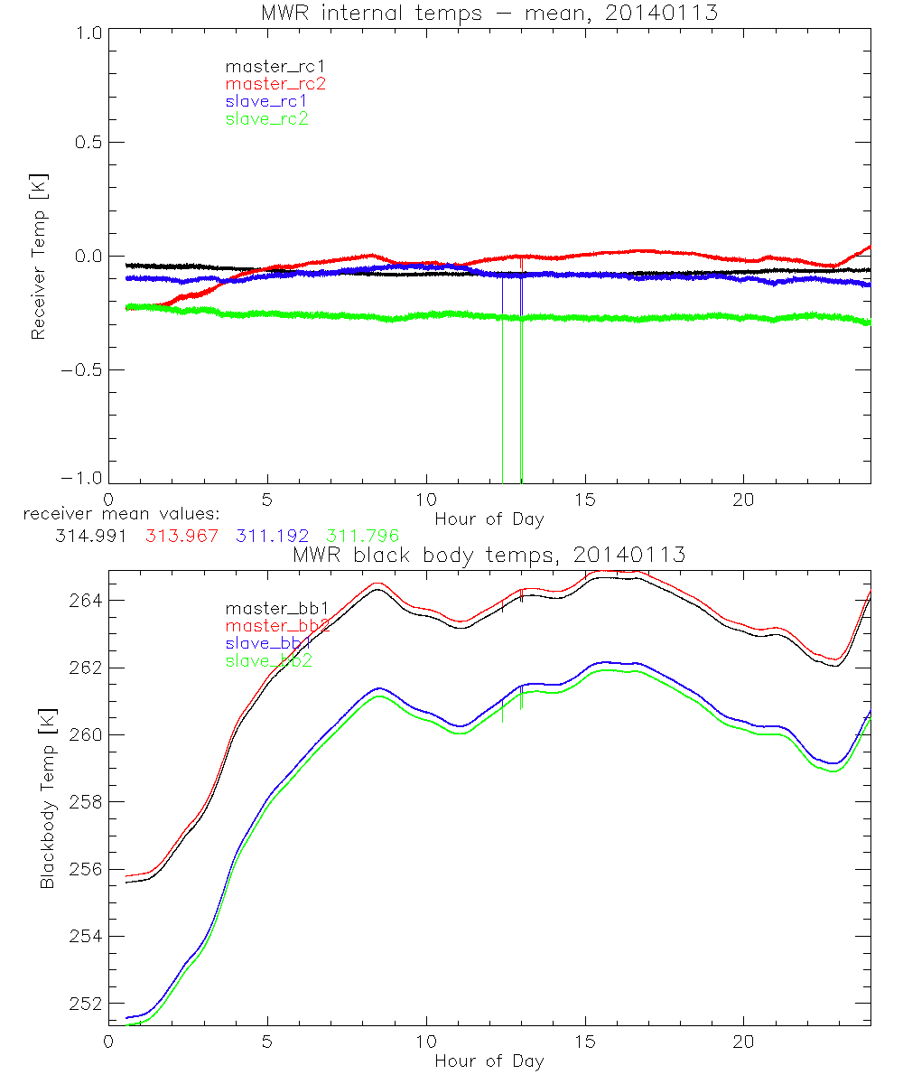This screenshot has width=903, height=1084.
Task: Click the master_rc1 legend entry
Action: point(266,67)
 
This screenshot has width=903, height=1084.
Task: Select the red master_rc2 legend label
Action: point(275,84)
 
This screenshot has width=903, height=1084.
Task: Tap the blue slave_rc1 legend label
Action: point(266,101)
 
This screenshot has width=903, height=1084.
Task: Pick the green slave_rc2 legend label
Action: point(266,118)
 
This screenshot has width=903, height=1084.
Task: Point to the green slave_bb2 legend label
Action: point(268,661)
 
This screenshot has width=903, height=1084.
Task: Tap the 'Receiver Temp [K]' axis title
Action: point(38,257)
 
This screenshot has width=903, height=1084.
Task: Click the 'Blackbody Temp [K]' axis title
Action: point(47,799)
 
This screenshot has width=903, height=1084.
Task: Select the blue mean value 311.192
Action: point(275,535)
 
